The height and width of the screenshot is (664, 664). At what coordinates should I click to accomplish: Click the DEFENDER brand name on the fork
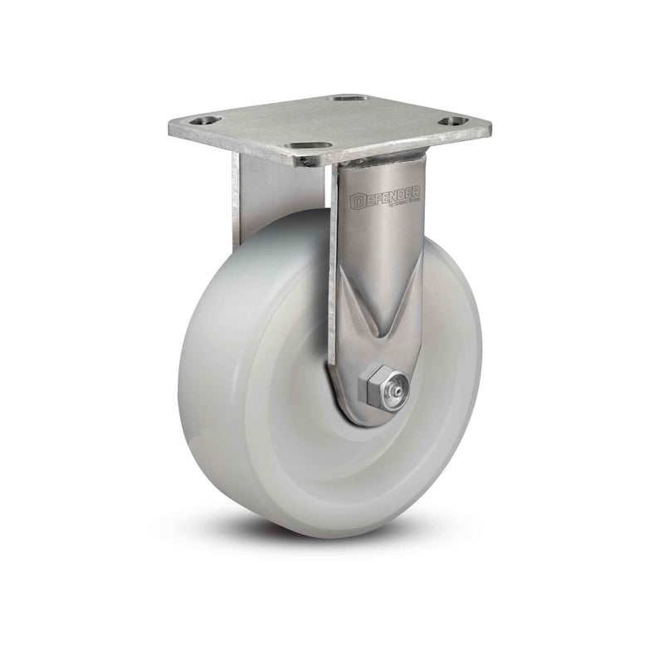tap(385, 197)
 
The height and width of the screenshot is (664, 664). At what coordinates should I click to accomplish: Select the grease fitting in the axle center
tap(399, 387)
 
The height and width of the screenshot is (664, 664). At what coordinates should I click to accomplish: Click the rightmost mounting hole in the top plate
tap(451, 122)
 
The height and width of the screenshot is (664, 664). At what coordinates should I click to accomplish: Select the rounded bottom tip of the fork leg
tap(365, 419)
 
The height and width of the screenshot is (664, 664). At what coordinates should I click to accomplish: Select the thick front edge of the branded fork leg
tap(334, 274)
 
